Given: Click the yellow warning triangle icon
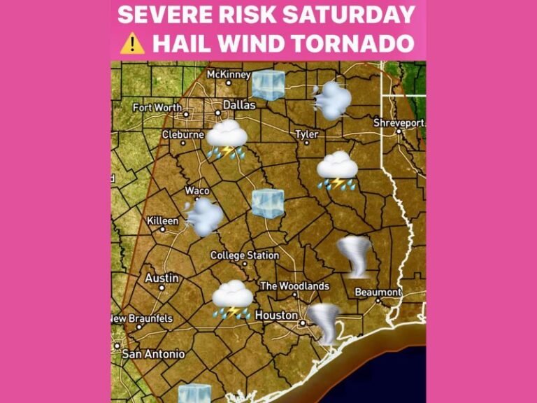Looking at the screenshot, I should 131,43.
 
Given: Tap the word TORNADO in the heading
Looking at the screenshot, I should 354,43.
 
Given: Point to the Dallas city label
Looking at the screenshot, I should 234,106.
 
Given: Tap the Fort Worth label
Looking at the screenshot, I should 157,108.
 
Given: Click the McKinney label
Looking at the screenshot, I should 228,73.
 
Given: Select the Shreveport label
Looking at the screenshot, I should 399,122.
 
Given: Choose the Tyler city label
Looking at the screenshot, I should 306,134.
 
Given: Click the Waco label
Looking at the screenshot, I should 197,190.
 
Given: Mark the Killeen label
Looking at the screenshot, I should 162,221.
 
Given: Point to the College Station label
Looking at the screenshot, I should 245,255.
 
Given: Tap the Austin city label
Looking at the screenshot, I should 162,278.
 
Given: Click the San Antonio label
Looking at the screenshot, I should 153,354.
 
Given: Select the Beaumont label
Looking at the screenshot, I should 378,292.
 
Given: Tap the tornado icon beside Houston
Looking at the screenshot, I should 324,323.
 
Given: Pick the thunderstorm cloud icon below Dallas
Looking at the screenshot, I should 226,139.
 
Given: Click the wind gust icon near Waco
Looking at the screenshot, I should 203,216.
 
